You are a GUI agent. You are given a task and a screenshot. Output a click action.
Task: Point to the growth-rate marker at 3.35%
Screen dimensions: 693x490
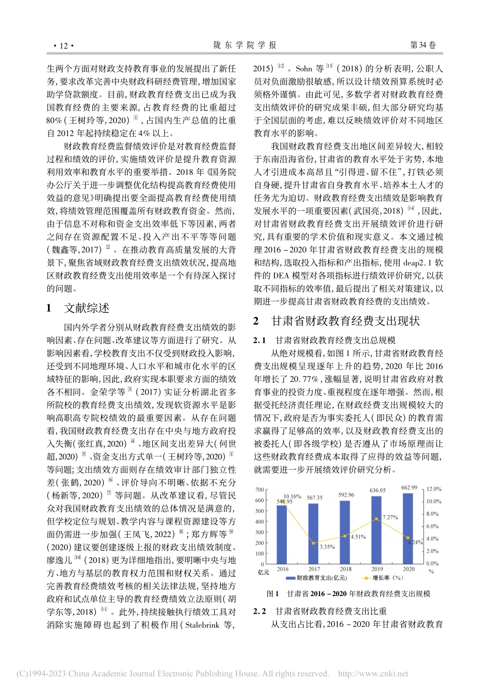[314, 543]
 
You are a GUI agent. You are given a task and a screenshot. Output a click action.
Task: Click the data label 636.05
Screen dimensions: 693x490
[378, 490]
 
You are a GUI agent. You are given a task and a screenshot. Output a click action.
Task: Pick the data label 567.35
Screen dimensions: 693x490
[314, 498]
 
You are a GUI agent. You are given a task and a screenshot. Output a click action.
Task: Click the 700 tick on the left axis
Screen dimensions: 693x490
[259, 490]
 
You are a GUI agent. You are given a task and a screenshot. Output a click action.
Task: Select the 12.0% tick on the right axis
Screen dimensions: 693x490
[434, 489]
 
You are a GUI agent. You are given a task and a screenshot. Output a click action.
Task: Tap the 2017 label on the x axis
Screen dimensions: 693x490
[314, 569]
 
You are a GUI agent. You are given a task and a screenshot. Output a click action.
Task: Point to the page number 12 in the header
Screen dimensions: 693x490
[63, 45]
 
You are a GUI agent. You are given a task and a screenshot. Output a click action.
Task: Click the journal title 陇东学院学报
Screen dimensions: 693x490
[245, 45]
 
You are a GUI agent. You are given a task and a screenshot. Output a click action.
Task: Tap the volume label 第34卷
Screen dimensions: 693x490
[422, 45]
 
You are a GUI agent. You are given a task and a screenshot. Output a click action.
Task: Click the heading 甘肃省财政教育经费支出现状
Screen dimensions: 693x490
[346, 321]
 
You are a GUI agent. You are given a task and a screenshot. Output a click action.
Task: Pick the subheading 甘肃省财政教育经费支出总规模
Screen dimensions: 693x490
[335, 340]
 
